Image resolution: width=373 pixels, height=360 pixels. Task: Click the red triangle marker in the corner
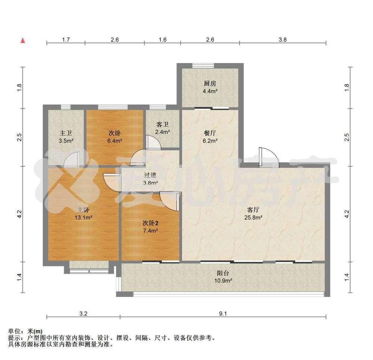coord(23,40)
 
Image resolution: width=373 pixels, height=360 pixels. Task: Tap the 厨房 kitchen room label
coord(210,84)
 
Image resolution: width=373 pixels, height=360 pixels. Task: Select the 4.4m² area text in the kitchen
coord(210,91)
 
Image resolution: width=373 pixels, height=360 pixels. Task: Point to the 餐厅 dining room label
coord(210,133)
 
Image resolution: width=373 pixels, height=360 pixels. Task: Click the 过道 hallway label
coord(150,175)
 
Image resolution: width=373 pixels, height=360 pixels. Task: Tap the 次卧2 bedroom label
coord(150,223)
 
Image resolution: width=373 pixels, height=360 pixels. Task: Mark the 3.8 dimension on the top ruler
coord(283,40)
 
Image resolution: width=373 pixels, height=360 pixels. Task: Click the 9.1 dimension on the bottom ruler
coord(223,314)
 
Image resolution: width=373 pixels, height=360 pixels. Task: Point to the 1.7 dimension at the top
coord(66,40)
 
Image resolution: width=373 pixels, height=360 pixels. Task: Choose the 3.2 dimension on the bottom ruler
coord(83,314)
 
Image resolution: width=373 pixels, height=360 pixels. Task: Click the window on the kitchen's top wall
coord(203,66)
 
